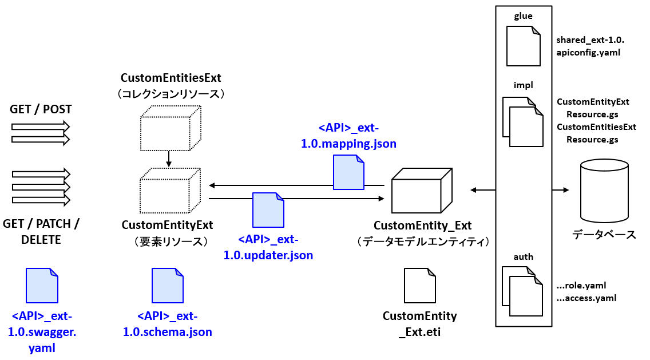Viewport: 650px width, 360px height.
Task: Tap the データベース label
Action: (604, 235)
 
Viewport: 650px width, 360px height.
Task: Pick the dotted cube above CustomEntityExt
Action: (171, 191)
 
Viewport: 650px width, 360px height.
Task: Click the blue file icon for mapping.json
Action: (348, 173)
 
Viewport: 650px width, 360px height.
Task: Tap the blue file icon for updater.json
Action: (268, 210)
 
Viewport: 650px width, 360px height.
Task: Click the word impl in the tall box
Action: (523, 85)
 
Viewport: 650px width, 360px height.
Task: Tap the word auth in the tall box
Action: (523, 257)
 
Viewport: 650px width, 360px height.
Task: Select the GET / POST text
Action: (41, 109)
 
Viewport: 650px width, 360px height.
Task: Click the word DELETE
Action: (41, 240)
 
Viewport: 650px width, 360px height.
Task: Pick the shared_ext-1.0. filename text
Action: (590, 40)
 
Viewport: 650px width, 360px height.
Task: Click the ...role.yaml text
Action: (581, 285)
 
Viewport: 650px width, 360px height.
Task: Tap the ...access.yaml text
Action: (586, 298)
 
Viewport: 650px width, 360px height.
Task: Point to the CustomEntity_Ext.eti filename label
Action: (420, 324)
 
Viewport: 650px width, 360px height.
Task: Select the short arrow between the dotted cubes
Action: (169, 159)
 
